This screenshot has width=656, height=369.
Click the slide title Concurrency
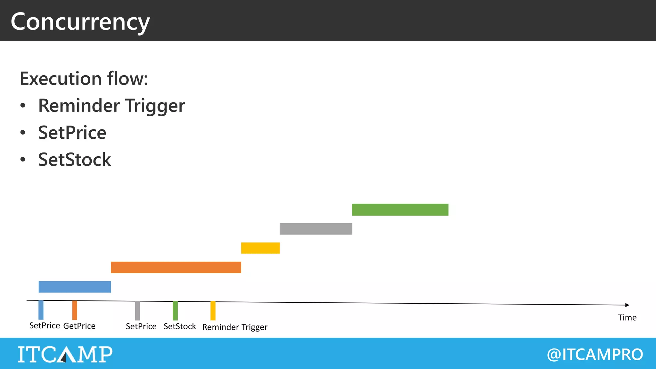(x=80, y=22)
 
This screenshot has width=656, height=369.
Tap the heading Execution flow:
(x=84, y=78)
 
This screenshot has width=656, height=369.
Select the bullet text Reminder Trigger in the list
(x=111, y=106)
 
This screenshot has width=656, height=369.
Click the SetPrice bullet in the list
(x=72, y=133)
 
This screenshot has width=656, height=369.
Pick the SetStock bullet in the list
(x=74, y=160)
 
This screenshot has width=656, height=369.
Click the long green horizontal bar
(x=400, y=209)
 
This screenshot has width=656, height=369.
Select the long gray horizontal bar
(x=316, y=229)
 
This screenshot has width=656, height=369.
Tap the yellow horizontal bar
(x=260, y=248)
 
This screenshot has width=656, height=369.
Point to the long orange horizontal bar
(x=176, y=267)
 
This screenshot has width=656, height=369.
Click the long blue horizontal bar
(x=75, y=287)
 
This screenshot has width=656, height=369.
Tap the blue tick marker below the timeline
(x=41, y=310)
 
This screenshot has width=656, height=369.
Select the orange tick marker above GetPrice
(x=75, y=310)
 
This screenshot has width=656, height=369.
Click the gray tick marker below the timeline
(x=137, y=310)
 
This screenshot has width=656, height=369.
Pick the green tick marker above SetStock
(x=175, y=311)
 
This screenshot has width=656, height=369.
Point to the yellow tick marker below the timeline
(x=213, y=311)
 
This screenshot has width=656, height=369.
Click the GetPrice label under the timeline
(x=79, y=326)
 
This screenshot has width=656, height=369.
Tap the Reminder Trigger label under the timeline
(x=235, y=327)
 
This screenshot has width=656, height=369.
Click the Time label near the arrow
(x=627, y=318)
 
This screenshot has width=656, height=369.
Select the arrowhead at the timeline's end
(x=627, y=305)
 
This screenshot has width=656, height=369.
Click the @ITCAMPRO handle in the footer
(x=595, y=354)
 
